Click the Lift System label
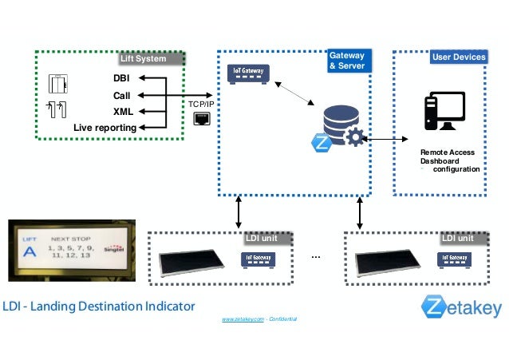pos(143,58)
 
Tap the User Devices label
pos(458,57)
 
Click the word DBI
pos(122,78)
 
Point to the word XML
pos(123,111)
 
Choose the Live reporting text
pos(105,128)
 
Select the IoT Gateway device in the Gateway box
pos(247,72)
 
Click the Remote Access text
pos(447,152)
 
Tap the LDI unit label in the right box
pos(457,238)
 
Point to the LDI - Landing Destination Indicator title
pos(98,307)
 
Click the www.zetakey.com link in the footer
pos(243,318)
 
